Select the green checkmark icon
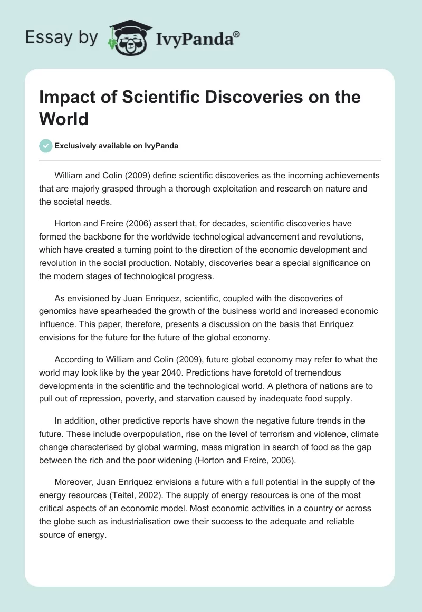(46, 146)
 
